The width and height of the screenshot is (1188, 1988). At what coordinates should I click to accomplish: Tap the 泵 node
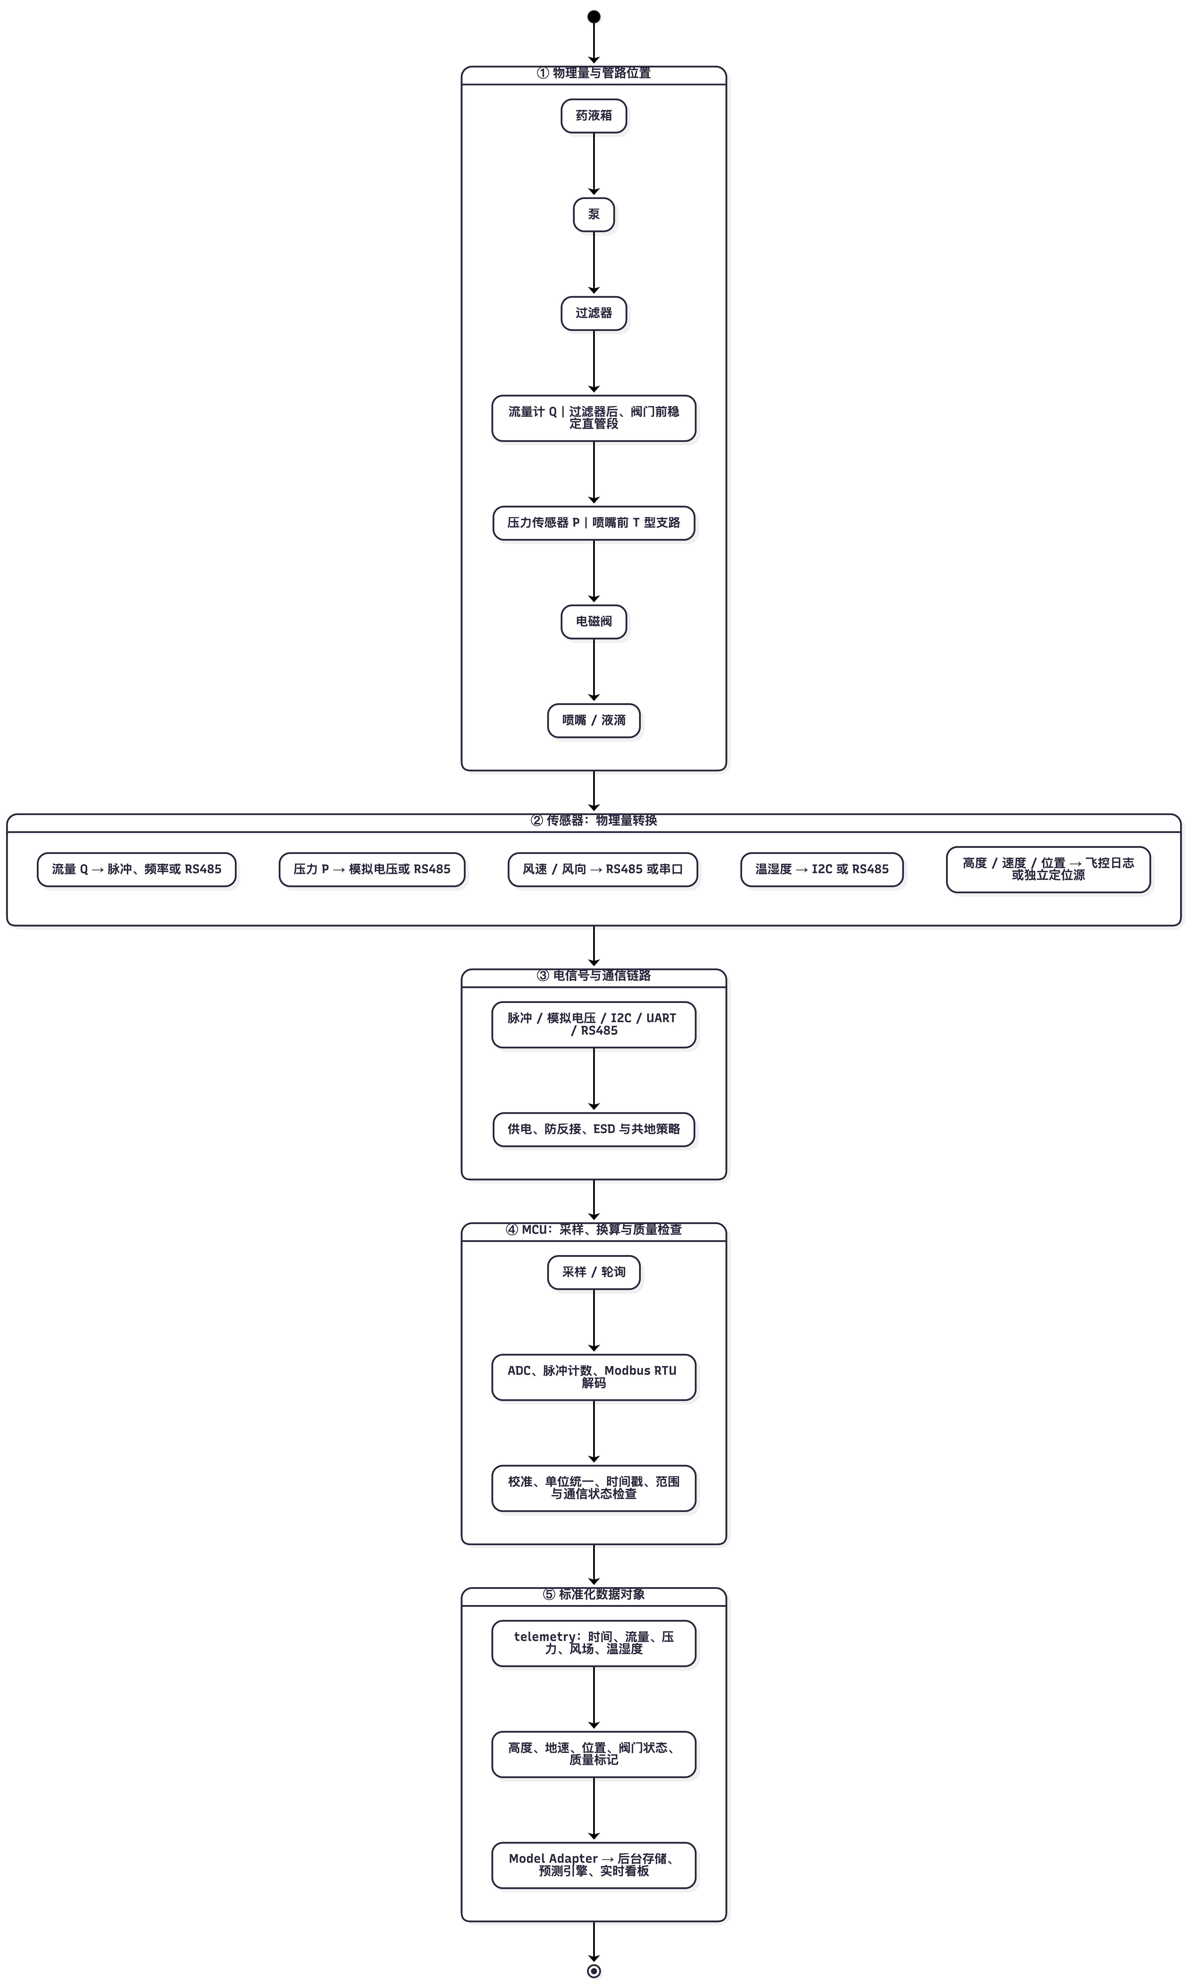click(x=594, y=215)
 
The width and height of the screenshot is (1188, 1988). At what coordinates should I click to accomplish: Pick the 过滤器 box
click(x=594, y=313)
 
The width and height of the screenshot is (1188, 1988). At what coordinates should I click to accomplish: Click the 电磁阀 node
click(x=594, y=621)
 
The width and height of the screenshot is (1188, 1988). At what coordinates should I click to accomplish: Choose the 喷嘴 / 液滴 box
click(x=594, y=721)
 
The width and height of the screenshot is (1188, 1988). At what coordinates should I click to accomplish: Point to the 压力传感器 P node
click(x=594, y=523)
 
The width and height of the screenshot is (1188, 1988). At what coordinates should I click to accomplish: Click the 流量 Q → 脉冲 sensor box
click(x=137, y=870)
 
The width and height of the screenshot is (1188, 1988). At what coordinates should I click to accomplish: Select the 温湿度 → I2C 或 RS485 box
click(x=822, y=870)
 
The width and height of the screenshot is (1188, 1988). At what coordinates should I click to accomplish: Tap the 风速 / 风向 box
click(x=603, y=870)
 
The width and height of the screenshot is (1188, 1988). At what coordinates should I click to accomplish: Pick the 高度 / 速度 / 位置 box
click(x=1049, y=870)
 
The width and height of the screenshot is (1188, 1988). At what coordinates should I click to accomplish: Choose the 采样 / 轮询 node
click(x=594, y=1272)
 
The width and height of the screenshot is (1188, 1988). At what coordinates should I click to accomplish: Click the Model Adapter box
click(x=594, y=1865)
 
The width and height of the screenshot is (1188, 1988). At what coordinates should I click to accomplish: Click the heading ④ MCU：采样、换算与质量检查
click(x=594, y=1230)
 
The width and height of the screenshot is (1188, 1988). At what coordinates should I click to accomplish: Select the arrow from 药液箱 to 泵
click(x=594, y=164)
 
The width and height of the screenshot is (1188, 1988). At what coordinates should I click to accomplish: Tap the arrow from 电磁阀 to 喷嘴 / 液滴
click(x=594, y=670)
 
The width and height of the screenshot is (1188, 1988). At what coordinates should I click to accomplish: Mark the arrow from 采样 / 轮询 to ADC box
click(x=594, y=1321)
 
